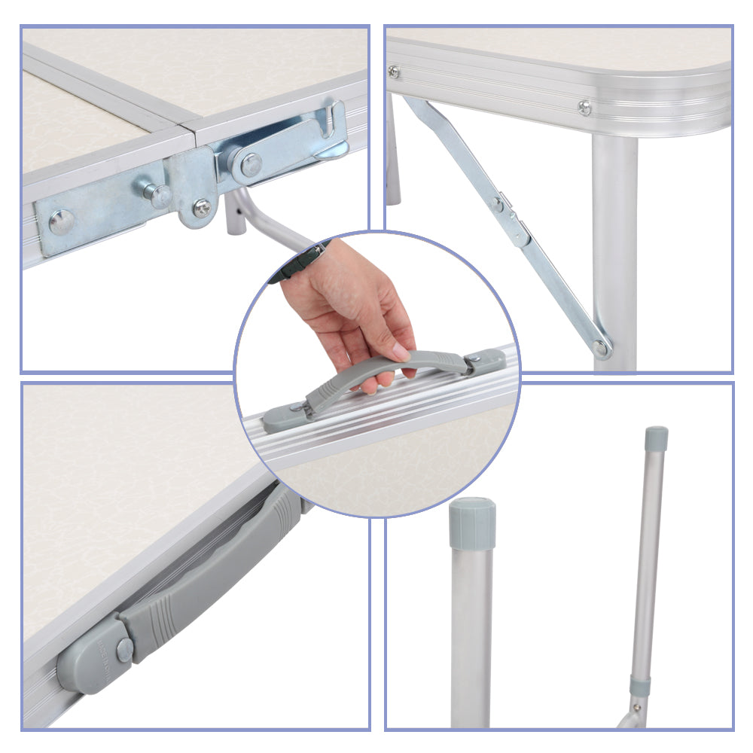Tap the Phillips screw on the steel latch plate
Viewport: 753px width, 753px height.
pos(202,208)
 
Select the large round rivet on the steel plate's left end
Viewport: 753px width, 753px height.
pos(61,221)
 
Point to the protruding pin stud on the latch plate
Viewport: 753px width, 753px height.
pos(159,195)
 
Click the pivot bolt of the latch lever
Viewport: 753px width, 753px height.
pos(251,163)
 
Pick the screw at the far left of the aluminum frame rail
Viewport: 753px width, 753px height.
pos(393,72)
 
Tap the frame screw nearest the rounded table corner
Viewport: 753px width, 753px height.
pos(584,108)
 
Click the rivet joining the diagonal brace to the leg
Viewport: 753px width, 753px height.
pos(600,347)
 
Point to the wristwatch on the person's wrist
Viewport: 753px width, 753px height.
pos(302,263)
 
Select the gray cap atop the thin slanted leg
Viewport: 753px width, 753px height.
pos(656,438)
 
